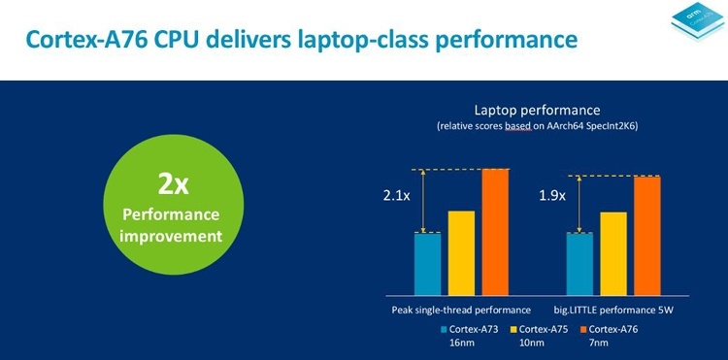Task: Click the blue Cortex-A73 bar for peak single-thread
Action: [428, 262]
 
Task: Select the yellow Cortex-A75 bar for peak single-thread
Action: [461, 251]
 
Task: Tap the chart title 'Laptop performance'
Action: [537, 109]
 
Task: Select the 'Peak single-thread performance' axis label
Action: [454, 310]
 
